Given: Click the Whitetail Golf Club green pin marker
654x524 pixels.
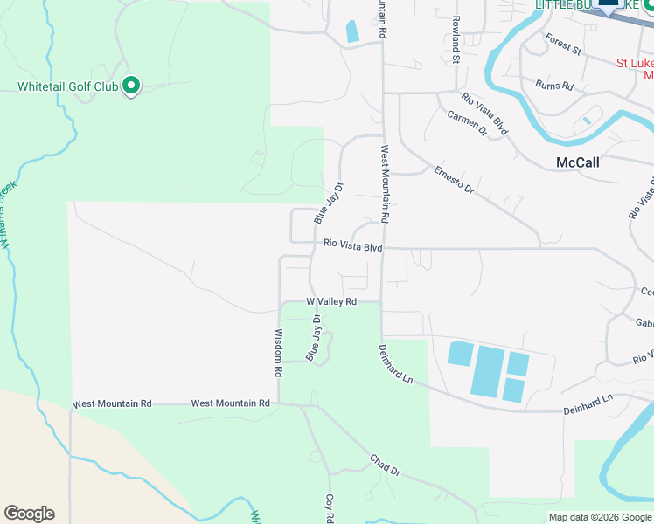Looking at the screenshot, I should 131,86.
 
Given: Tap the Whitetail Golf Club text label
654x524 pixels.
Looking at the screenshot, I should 68,86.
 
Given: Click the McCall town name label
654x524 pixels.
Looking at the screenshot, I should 577,162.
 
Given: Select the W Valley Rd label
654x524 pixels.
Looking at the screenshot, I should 331,301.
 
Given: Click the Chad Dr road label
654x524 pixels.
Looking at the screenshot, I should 384,465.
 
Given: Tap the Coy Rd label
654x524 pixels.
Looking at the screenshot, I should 330,507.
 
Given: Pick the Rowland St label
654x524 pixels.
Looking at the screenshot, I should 456,39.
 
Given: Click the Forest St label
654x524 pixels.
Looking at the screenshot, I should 562,44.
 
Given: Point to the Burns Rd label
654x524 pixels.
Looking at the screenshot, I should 555,86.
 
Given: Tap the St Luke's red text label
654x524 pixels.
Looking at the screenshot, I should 634,63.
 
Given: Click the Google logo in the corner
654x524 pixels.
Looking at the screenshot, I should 29,514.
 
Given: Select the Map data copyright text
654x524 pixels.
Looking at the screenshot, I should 600,517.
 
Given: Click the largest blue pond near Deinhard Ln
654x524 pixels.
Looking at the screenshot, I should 488,370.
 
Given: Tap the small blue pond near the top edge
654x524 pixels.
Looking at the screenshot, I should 352,31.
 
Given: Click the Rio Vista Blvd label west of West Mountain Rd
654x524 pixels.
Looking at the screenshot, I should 352,246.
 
